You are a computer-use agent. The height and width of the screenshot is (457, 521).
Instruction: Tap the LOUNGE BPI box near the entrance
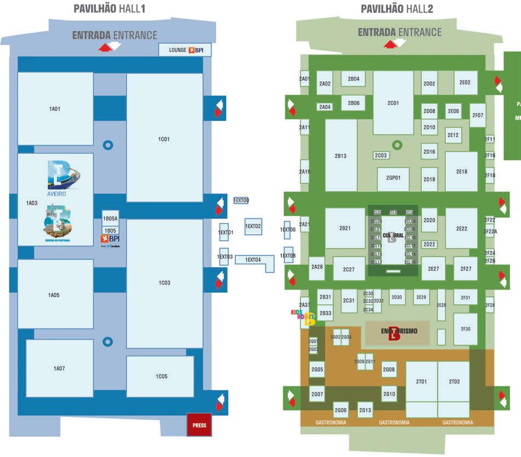pyautogui.click(x=184, y=50)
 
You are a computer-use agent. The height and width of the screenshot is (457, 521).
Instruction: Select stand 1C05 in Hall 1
pyautogui.click(x=160, y=376)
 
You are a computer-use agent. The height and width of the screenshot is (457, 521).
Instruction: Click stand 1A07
pyautogui.click(x=59, y=368)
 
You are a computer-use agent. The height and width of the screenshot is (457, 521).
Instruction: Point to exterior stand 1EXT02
pyautogui.click(x=253, y=226)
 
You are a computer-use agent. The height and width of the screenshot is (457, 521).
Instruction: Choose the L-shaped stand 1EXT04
pyautogui.click(x=254, y=261)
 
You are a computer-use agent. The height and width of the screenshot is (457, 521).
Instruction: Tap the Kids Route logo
pyautogui.click(x=303, y=317)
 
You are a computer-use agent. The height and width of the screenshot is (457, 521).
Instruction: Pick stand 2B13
pyautogui.click(x=340, y=155)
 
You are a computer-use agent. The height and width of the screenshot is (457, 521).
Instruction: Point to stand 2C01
pyautogui.click(x=393, y=102)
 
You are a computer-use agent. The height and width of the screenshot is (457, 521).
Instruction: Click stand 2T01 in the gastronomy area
pyautogui.click(x=421, y=381)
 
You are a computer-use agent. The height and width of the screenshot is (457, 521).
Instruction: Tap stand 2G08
pyautogui.click(x=389, y=370)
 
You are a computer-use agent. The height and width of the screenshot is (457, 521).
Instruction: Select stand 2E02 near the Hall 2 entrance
pyautogui.click(x=465, y=83)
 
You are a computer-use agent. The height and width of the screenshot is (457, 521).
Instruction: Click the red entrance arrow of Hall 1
pyautogui.click(x=104, y=48)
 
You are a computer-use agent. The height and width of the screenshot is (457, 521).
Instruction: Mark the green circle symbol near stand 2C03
pyautogui.click(x=397, y=145)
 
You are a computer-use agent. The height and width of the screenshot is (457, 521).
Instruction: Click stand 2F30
pyautogui.click(x=465, y=329)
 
